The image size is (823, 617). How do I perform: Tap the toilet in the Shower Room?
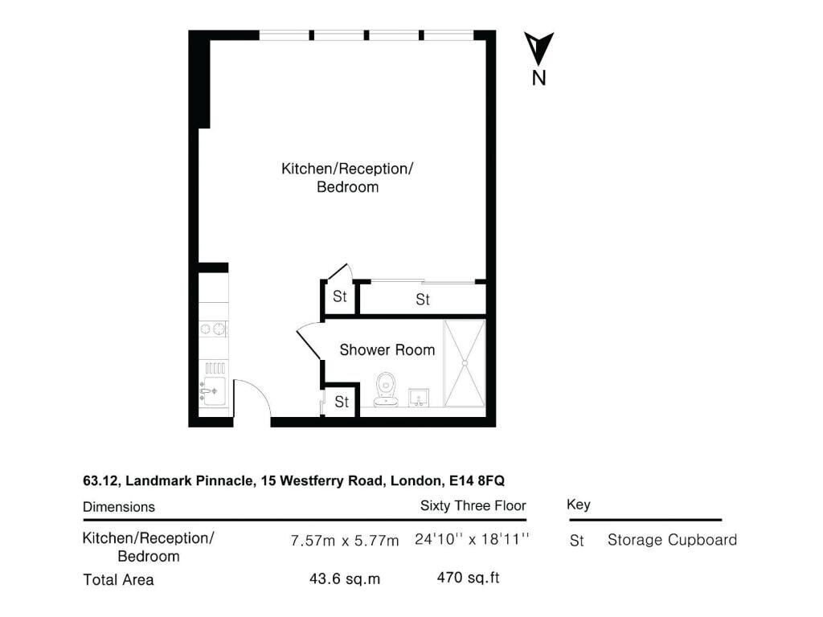point(386,390)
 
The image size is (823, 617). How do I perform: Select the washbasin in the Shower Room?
point(418,398)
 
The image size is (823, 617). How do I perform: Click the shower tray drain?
point(465,362)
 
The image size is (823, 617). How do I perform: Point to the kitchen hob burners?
point(213,329)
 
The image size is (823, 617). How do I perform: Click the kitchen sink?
point(213,391)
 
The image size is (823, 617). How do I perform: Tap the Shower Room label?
point(387,350)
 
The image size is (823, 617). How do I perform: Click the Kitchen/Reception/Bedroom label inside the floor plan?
point(347,178)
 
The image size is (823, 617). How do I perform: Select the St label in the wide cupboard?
point(423,300)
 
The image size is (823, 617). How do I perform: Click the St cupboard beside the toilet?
point(342,402)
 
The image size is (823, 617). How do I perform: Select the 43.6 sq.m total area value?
point(345,578)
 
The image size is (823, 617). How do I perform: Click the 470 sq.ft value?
point(469,578)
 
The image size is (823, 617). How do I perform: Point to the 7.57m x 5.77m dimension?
point(345,541)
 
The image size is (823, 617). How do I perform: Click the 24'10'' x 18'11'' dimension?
point(472,539)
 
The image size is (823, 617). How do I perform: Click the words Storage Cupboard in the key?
point(673,540)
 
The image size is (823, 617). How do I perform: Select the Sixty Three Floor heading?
point(473,506)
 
